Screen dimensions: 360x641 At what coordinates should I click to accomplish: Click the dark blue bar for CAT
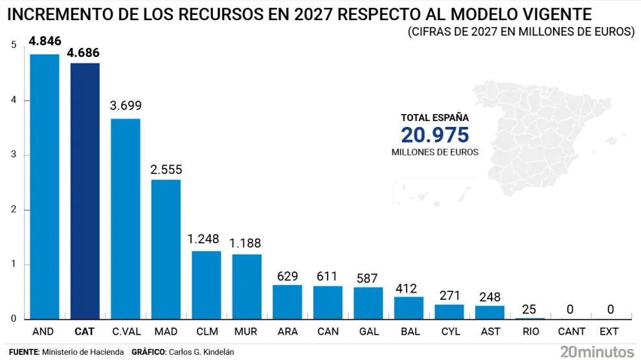click(x=85, y=191)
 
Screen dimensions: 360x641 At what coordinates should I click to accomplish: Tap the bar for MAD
click(x=166, y=249)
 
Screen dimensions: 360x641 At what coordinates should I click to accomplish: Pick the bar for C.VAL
click(x=125, y=219)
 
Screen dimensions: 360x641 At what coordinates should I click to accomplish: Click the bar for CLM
click(x=206, y=285)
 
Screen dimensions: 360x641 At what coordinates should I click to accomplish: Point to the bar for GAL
click(x=368, y=303)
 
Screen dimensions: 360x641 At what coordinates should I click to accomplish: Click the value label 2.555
click(x=166, y=170)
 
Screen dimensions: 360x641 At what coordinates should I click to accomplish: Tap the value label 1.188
click(x=247, y=244)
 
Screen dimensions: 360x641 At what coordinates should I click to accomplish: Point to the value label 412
click(x=409, y=287)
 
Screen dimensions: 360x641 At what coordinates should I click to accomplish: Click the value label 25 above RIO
click(x=530, y=309)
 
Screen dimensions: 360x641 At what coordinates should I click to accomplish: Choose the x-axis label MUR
click(x=247, y=332)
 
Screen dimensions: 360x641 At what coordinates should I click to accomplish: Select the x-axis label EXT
click(x=609, y=332)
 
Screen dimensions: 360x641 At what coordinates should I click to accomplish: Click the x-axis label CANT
click(x=570, y=332)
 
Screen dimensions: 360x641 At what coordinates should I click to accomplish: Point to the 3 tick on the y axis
click(x=13, y=155)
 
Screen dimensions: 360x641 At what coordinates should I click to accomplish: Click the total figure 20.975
click(x=434, y=135)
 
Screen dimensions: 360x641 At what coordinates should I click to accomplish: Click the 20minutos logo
click(x=597, y=351)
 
